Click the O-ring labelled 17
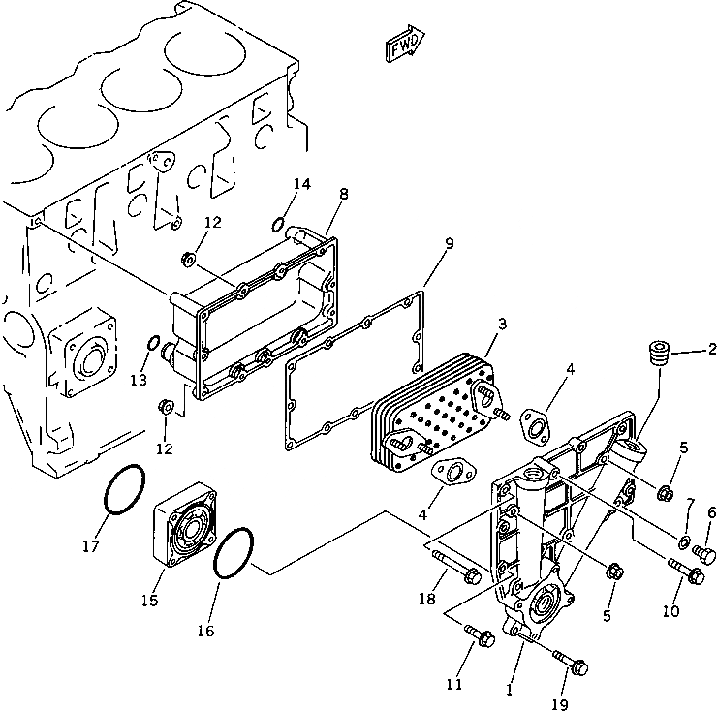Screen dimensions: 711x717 click(126, 491)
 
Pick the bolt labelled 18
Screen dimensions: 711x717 click(454, 568)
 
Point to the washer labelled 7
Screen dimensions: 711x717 click(684, 540)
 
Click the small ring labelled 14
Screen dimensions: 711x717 click(278, 226)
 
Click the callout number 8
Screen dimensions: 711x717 click(343, 194)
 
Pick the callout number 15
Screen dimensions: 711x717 click(149, 601)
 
